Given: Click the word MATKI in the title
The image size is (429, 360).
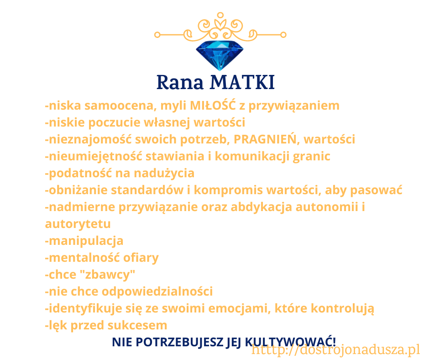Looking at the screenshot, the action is click(x=242, y=82).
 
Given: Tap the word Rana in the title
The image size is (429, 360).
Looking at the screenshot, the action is click(x=180, y=82).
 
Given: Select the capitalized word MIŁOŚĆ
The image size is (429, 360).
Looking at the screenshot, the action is click(x=213, y=105).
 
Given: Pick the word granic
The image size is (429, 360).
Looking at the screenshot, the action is click(x=311, y=157).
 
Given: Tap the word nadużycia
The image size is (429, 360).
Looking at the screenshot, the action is click(x=164, y=173).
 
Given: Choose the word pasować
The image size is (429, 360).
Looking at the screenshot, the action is click(x=376, y=190).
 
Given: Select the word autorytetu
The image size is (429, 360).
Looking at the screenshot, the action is click(x=78, y=224).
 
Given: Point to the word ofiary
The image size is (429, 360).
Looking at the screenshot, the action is click(x=141, y=258).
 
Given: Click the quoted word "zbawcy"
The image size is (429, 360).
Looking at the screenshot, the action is click(x=107, y=275).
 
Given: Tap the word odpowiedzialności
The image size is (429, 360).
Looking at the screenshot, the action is click(x=157, y=291).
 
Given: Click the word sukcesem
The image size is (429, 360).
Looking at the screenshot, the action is click(x=137, y=325).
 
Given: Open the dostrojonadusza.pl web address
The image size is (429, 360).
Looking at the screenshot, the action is click(x=336, y=350).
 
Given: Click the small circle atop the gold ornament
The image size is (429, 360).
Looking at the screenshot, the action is click(x=220, y=16).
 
